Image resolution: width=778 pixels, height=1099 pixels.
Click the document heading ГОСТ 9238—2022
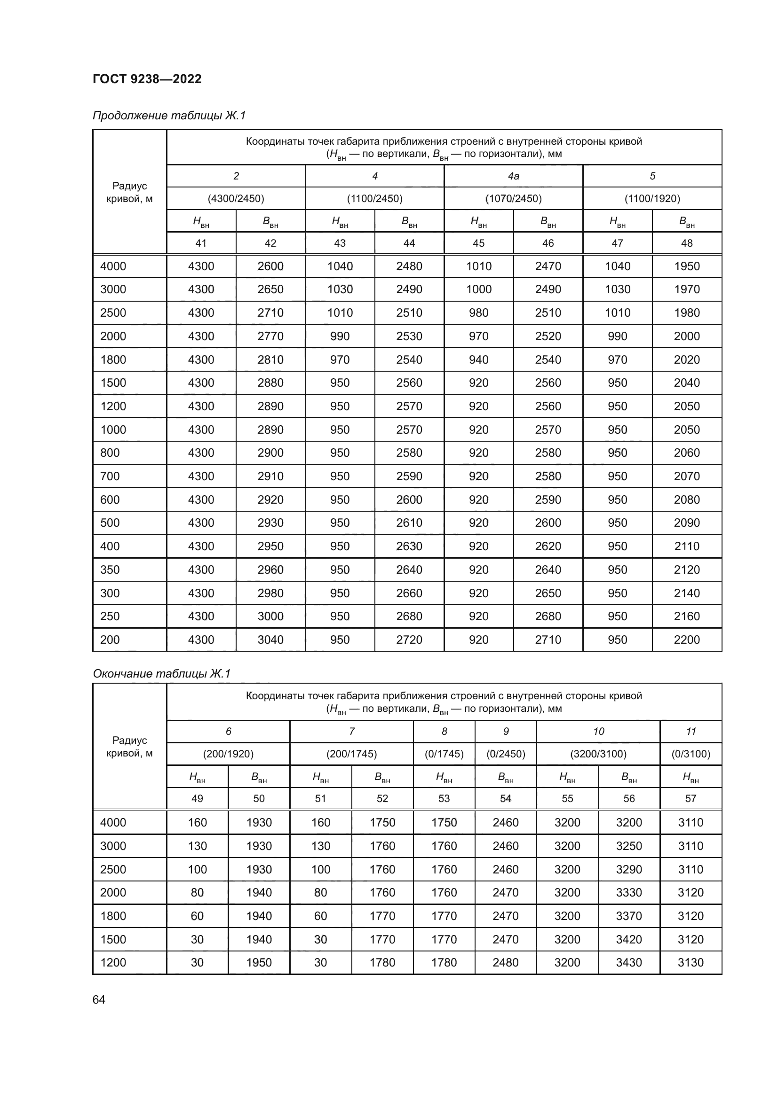click(147, 79)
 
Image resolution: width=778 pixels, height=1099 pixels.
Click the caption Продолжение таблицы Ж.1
click(169, 116)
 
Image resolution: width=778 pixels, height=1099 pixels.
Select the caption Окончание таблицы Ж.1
click(161, 674)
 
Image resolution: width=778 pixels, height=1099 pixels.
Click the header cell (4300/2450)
click(236, 199)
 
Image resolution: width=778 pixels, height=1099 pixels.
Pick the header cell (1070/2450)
click(513, 199)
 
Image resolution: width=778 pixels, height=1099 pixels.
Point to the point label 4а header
click(513, 176)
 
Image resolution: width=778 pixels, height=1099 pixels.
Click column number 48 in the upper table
click(686, 243)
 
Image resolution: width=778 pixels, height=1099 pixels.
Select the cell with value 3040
click(270, 639)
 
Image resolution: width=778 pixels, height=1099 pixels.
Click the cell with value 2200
click(686, 639)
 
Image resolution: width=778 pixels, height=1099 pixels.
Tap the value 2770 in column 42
click(270, 336)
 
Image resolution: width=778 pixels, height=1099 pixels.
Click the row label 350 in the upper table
click(110, 569)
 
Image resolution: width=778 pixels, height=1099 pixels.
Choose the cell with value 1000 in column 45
click(478, 289)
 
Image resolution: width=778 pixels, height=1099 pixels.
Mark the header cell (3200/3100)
click(598, 754)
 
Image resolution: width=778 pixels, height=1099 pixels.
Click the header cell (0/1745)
click(444, 754)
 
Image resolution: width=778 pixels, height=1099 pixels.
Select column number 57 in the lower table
click(691, 798)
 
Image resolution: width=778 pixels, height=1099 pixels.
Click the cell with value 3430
click(628, 962)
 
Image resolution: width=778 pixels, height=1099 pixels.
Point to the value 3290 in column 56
click(628, 869)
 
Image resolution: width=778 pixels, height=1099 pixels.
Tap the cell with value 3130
click(691, 962)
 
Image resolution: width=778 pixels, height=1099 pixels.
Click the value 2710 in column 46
click(548, 639)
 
